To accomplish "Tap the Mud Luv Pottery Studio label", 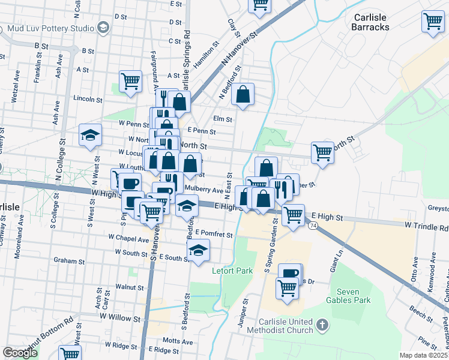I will [x=47, y=28].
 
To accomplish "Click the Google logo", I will [x=20, y=353].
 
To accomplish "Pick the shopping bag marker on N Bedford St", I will [x=242, y=94].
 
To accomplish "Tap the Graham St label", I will [x=69, y=261].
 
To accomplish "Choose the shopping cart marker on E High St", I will [x=293, y=214].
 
